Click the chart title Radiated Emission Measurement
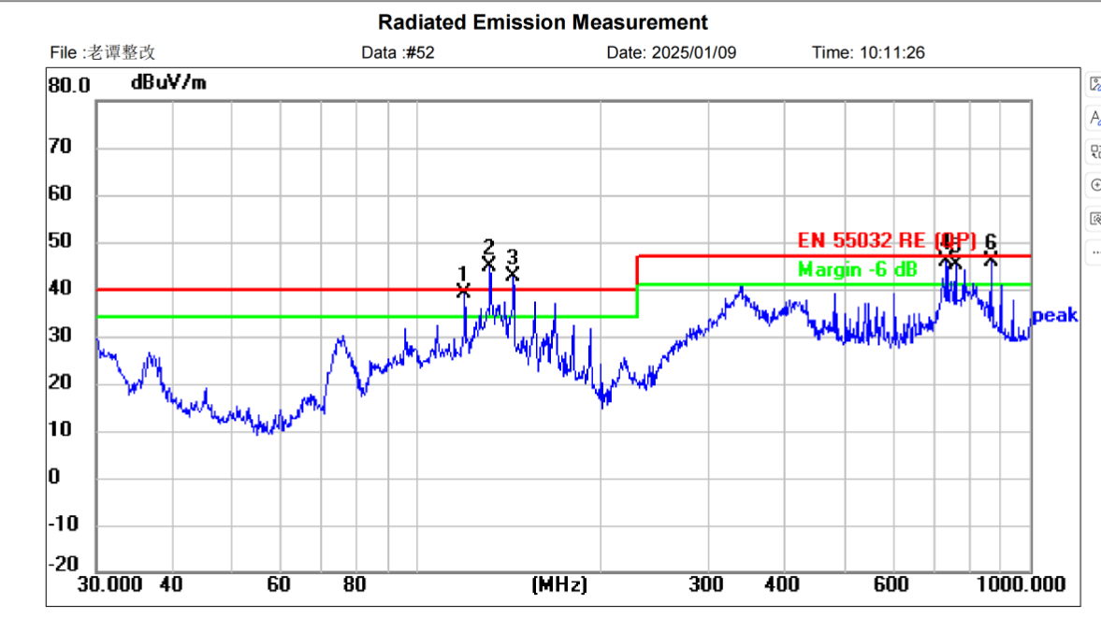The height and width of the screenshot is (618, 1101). pos(543,22)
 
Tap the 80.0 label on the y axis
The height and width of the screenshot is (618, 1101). pos(68,86)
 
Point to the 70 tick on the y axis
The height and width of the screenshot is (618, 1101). pos(61,148)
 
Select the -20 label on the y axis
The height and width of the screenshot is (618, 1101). pos(64,564)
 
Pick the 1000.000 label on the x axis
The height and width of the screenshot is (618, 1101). pos(1021,585)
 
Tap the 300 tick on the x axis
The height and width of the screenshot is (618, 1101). pos(705,585)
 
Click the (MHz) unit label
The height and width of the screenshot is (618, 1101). pos(559,585)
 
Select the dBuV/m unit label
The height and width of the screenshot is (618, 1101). pos(168,83)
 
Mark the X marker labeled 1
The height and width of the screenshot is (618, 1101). pos(463,291)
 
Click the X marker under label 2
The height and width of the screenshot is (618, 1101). pos(488,265)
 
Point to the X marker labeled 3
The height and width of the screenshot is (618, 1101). pos(513,274)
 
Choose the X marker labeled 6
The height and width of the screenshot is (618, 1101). pos(991,258)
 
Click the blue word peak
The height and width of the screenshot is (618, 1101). pos(1055,316)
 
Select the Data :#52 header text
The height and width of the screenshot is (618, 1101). pos(398,53)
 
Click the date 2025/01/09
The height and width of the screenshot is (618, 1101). pos(696,53)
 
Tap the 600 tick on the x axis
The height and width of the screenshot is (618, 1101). pos(891,585)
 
